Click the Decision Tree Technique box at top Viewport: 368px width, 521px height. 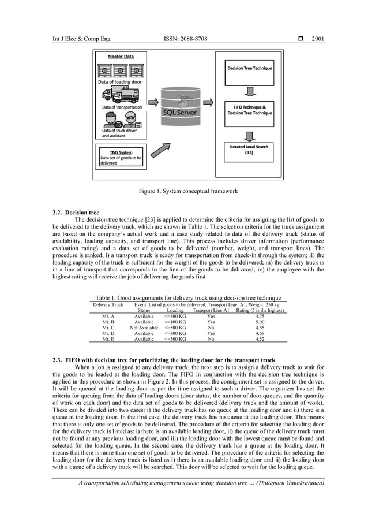[249, 69]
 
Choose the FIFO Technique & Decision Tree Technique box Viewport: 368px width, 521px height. [249, 110]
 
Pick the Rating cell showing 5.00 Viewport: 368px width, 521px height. [260, 322]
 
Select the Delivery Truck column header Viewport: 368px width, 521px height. [108, 304]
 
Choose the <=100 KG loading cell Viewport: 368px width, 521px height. [175, 322]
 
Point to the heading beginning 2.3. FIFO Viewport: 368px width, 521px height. [163, 360]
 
